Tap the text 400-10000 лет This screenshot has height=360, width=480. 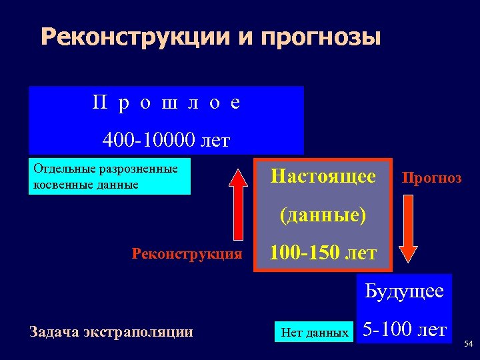click(166, 140)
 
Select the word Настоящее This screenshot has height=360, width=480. click(323, 177)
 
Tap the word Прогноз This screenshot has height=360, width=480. click(431, 178)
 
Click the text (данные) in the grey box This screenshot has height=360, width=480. click(323, 215)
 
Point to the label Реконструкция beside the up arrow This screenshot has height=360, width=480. click(187, 253)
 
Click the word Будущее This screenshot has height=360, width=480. click(404, 291)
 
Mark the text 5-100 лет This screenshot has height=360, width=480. click(403, 328)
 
